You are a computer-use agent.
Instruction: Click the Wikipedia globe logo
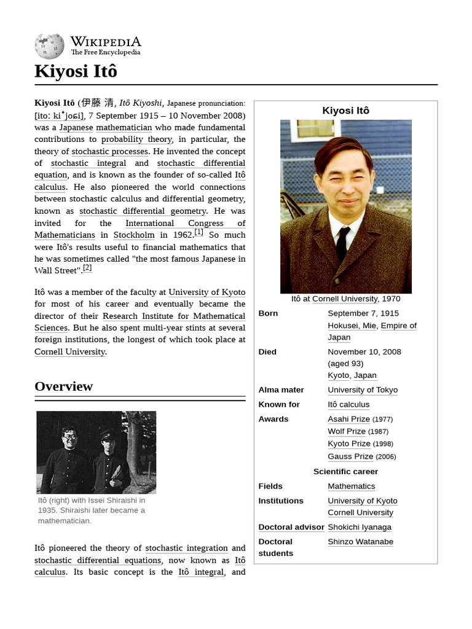pos(49,46)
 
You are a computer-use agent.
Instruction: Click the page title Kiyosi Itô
pos(76,71)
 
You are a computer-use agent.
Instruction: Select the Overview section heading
pos(63,386)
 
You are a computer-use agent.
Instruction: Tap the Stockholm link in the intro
pos(134,235)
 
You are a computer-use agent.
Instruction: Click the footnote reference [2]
pos(87,268)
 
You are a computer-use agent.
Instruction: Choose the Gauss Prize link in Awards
pos(350,456)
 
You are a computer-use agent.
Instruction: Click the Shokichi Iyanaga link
pos(360,527)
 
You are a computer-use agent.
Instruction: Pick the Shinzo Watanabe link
pos(360,542)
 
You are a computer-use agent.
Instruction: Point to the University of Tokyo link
pos(363,390)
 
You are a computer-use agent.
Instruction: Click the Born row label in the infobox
pos(268,313)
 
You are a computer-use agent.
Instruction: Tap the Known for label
pos(279,405)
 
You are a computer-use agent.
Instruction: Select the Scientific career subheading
pos(345,472)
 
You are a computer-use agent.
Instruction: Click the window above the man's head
pos(315,128)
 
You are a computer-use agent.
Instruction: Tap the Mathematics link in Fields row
pos(351,486)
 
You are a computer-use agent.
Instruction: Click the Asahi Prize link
pos(348,419)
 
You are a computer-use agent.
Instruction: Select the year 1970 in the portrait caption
pos(390,299)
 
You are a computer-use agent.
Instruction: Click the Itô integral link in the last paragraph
pos(201,572)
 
